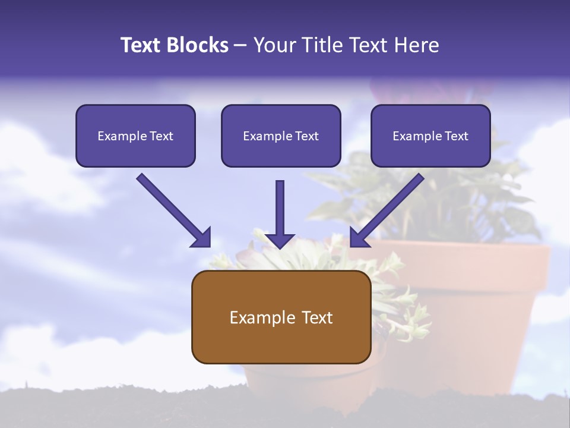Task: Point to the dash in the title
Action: [x=240, y=46]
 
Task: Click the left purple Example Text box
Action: [x=135, y=136]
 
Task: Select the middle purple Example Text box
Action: [x=281, y=136]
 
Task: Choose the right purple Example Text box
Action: [x=430, y=136]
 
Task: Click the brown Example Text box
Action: [x=281, y=317]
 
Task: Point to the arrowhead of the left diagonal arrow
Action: [x=202, y=238]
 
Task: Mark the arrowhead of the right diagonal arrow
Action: [x=359, y=238]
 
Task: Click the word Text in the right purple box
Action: [x=455, y=136]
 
